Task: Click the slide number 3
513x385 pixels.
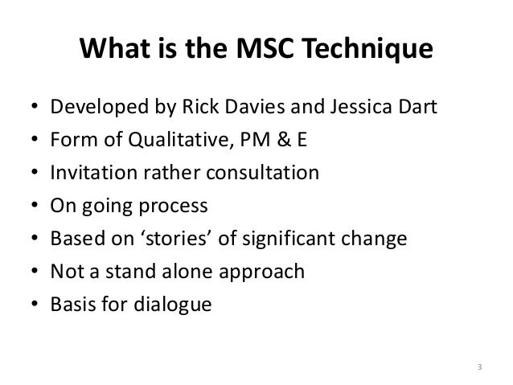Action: (480, 369)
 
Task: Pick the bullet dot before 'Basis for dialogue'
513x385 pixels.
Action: (30, 306)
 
